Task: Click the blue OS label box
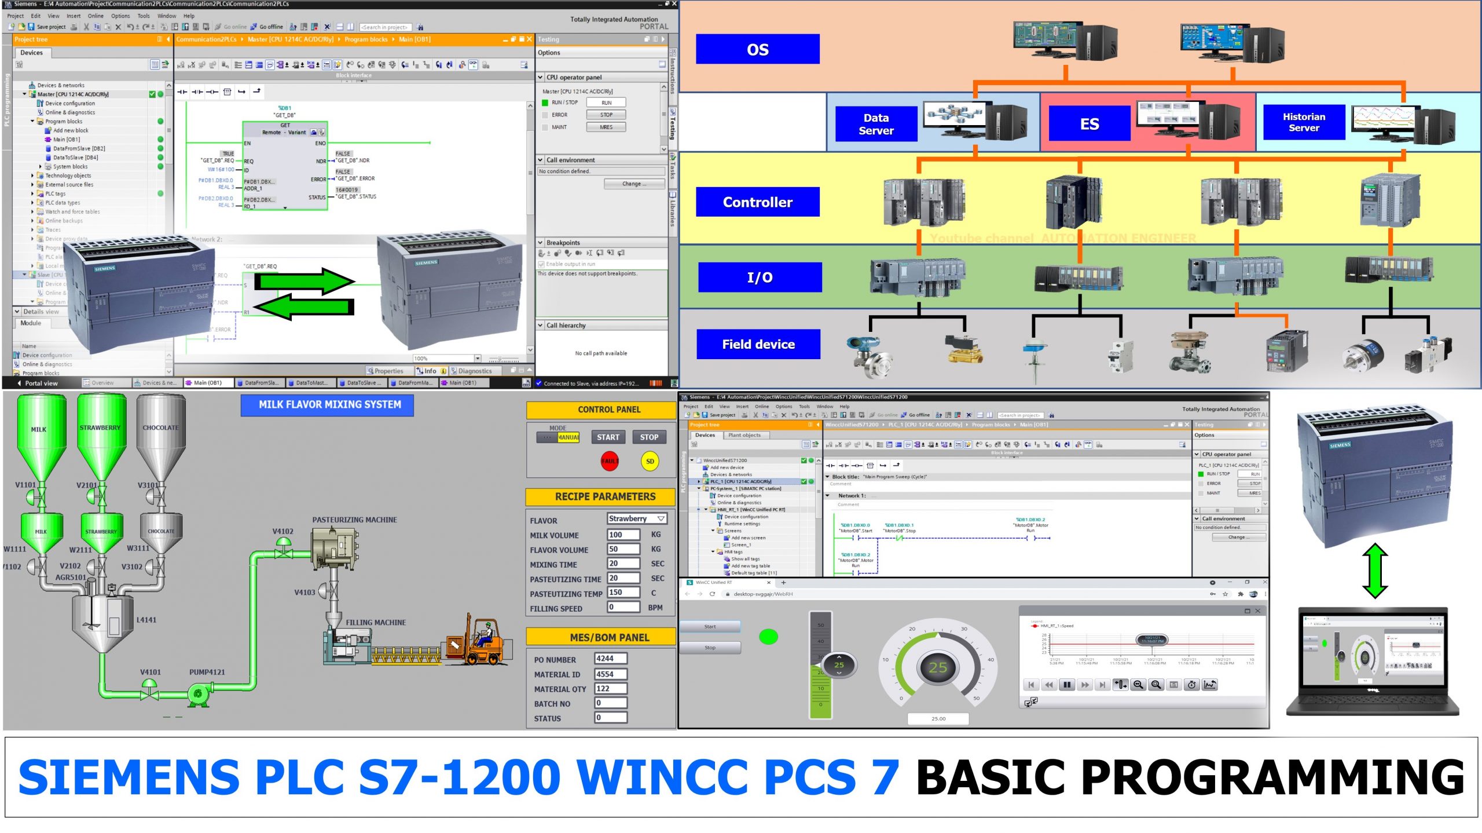pyautogui.click(x=757, y=49)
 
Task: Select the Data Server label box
pyautogui.click(x=876, y=124)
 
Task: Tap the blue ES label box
pyautogui.click(x=1089, y=124)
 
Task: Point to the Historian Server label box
pyautogui.click(x=1303, y=122)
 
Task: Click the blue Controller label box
pyautogui.click(x=757, y=202)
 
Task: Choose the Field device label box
pyautogui.click(x=758, y=344)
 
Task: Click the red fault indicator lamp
pyautogui.click(x=610, y=461)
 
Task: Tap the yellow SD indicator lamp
pyautogui.click(x=650, y=461)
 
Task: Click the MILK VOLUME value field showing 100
pyautogui.click(x=623, y=535)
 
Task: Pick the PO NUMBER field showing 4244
pyautogui.click(x=610, y=659)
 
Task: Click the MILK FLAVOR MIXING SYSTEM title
pyautogui.click(x=329, y=405)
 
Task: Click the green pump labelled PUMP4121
pyautogui.click(x=199, y=693)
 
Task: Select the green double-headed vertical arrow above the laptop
pyautogui.click(x=1375, y=571)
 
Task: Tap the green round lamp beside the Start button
pyautogui.click(x=768, y=637)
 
